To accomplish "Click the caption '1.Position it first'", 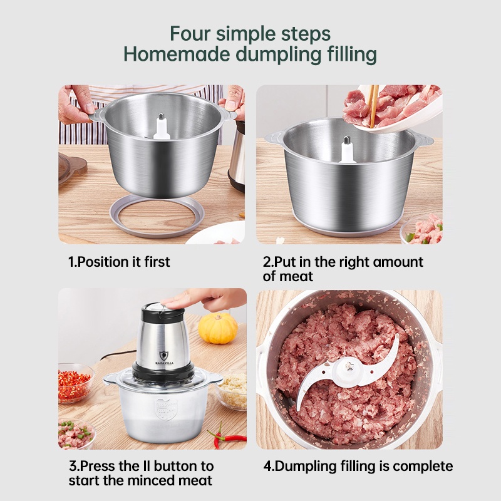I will (x=119, y=262).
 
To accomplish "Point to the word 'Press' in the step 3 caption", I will (x=101, y=467).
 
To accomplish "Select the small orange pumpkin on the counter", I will (x=218, y=328).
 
